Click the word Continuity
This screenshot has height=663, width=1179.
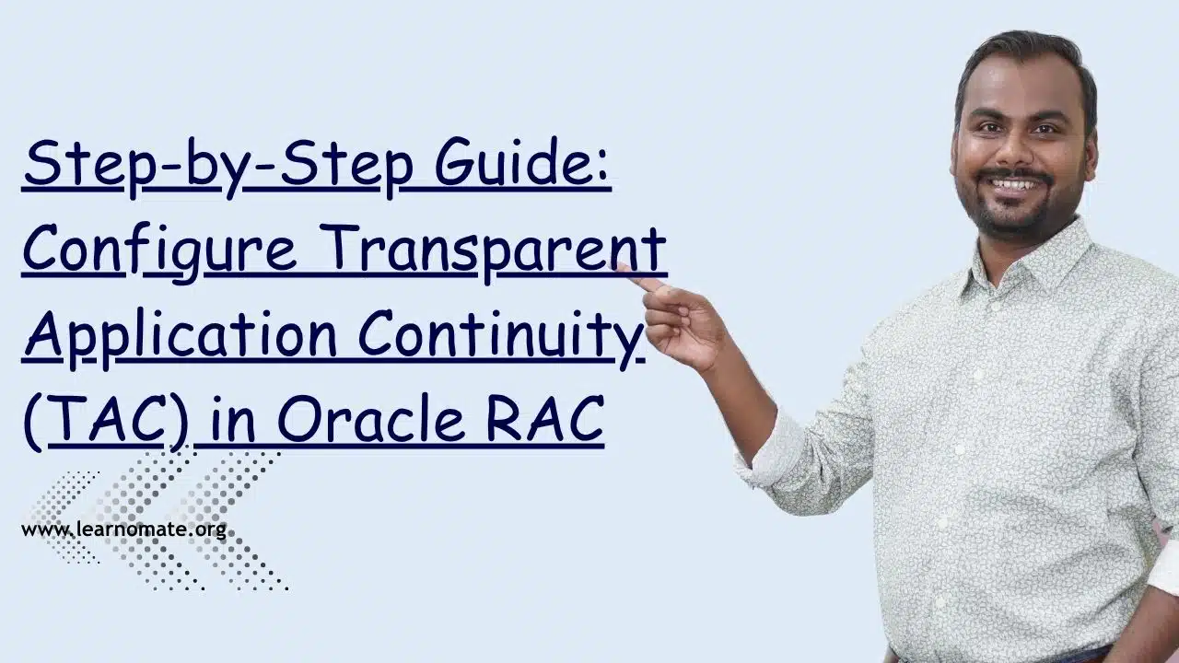click(x=501, y=337)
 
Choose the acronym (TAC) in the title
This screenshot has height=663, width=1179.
click(x=105, y=422)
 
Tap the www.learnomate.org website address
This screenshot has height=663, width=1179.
click(x=124, y=529)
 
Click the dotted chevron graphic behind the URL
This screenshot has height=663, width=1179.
click(x=158, y=521)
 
